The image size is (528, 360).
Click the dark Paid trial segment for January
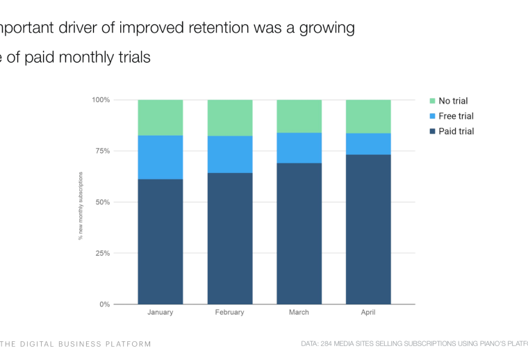(160, 241)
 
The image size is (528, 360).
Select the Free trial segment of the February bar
(230, 154)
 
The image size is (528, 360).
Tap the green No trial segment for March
(299, 116)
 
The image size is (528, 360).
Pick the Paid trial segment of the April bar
(368, 229)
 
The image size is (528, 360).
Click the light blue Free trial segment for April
(368, 144)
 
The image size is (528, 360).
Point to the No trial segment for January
(160, 117)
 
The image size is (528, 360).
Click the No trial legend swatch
(431, 101)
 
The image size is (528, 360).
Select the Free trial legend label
(456, 116)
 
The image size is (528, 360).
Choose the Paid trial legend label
(456, 131)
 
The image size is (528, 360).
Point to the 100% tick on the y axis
(101, 100)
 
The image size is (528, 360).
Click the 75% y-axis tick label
(103, 151)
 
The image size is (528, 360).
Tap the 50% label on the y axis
(103, 202)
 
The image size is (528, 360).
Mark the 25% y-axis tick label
(103, 253)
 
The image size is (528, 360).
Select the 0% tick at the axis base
(105, 304)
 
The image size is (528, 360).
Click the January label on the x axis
(160, 313)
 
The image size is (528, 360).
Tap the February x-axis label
(230, 313)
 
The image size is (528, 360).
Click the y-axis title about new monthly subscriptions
(81, 202)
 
